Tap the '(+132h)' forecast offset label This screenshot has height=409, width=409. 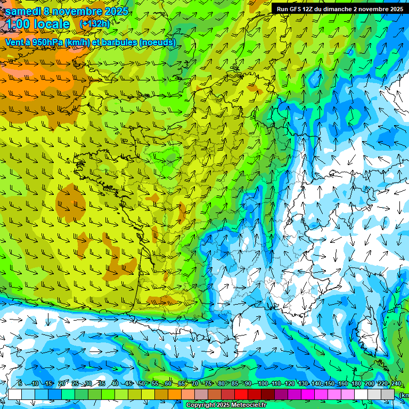click(94, 23)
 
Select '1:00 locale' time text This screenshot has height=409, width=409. click(38, 24)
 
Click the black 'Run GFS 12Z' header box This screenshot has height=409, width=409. click(339, 9)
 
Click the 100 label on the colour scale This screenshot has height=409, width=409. click(263, 384)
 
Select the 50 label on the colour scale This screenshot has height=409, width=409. click(141, 384)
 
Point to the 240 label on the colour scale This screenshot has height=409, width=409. click(396, 384)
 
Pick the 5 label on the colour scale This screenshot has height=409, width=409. click(20, 384)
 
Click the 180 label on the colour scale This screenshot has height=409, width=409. click(355, 384)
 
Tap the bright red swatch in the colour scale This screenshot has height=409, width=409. click(241, 394)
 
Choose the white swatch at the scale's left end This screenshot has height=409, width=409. click(15, 394)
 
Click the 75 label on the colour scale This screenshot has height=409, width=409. click(208, 384)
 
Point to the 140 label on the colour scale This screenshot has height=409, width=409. click(316, 384)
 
